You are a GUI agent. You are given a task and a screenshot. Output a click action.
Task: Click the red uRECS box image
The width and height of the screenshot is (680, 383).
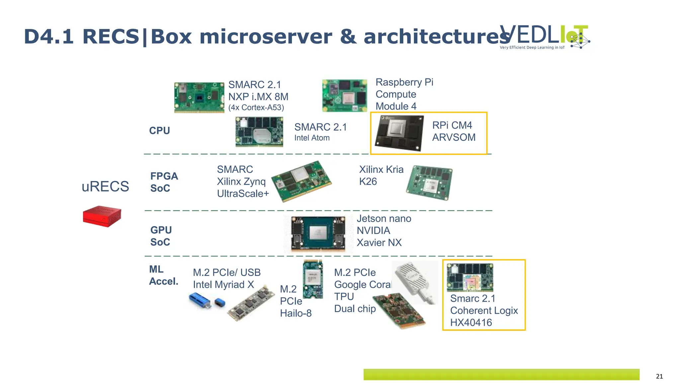pyautogui.click(x=102, y=216)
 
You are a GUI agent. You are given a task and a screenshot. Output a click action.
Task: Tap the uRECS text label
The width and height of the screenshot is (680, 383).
pyautogui.click(x=105, y=187)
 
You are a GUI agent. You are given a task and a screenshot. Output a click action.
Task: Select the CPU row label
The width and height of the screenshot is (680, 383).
pyautogui.click(x=159, y=131)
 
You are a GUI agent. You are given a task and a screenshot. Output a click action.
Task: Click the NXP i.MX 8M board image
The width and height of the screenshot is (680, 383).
pyautogui.click(x=199, y=97)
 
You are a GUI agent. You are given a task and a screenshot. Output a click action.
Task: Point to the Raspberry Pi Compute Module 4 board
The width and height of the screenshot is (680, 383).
pyautogui.click(x=344, y=95)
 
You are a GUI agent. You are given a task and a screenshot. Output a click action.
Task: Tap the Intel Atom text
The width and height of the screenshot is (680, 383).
pyautogui.click(x=312, y=138)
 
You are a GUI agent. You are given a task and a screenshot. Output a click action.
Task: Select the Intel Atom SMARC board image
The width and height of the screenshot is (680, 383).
pyautogui.click(x=259, y=132)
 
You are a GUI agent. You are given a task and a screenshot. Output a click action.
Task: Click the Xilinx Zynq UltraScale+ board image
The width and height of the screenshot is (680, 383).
pyautogui.click(x=301, y=181)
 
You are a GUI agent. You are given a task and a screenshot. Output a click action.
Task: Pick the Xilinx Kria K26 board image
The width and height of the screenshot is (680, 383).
pyautogui.click(x=429, y=183)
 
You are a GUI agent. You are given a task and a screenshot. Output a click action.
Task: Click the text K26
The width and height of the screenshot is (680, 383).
pyautogui.click(x=368, y=182)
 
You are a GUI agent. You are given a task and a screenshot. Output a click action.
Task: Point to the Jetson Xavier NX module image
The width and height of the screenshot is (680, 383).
pyautogui.click(x=318, y=233)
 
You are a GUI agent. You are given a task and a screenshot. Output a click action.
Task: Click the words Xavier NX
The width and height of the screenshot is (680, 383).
pyautogui.click(x=379, y=243)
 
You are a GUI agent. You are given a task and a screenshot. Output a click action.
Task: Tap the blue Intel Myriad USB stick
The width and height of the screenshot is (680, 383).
pyautogui.click(x=200, y=300)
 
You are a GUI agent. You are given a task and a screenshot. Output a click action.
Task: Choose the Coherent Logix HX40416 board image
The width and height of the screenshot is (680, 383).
pyautogui.click(x=469, y=277)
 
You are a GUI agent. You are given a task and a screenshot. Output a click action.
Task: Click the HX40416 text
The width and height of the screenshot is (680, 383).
pyautogui.click(x=471, y=322)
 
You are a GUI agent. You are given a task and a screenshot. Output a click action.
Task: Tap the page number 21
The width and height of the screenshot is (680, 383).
pyautogui.click(x=659, y=376)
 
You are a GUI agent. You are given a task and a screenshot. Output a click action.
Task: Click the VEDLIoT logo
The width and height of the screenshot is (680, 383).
pyautogui.click(x=545, y=37)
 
